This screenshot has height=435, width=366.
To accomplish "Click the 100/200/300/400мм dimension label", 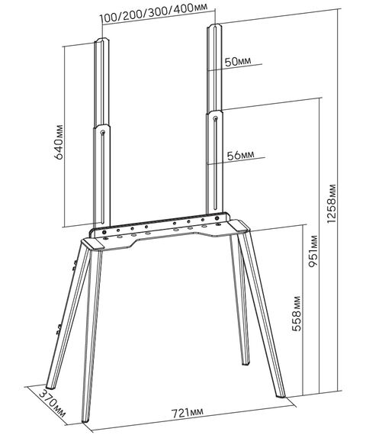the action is pos(153,12).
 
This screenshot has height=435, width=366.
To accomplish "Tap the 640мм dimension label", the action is pos(59,142).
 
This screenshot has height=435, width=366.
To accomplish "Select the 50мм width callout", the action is pos(238,62).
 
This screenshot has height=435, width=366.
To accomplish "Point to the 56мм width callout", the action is pos(240,155).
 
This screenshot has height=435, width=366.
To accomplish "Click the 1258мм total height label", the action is pos(332,203).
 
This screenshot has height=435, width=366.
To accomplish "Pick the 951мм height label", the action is pos(313,251).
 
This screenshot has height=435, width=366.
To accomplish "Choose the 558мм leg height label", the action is pos(297,314).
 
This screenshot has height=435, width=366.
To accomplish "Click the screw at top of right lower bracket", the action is pos(216,119).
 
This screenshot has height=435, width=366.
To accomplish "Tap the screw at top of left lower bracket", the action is pos(103,133).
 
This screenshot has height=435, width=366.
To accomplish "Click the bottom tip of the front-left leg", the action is pos(85,420).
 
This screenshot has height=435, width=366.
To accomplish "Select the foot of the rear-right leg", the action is pos(246,362).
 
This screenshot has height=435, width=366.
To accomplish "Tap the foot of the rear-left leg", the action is pos(50,386).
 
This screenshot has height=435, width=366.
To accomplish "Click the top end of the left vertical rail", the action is pos(102,40).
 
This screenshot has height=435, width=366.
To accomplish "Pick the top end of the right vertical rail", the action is pos(214,26).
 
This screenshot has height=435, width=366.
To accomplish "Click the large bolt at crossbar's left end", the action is pos(104,232).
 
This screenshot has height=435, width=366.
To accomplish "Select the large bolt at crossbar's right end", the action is pos(217,217).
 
